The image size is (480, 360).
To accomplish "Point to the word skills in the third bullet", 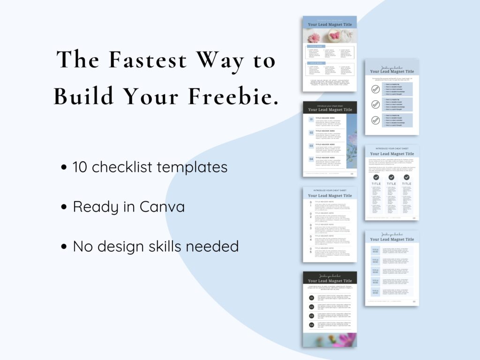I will point(172,246).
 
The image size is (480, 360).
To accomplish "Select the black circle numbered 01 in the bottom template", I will point(311,298).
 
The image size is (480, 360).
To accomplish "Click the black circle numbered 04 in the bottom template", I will point(311,325).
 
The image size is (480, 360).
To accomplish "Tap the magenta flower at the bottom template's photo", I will point(345,339).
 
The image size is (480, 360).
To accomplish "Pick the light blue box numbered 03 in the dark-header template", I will point(311,146).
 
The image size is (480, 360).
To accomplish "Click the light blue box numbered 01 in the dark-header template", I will point(311,120).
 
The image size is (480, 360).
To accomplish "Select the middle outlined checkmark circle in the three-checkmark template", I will point(375,104).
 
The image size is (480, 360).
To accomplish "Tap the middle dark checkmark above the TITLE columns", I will point(391,177).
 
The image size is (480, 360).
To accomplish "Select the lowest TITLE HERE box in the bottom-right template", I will point(375,292).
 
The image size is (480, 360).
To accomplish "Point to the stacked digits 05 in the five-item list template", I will point(310,251).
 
